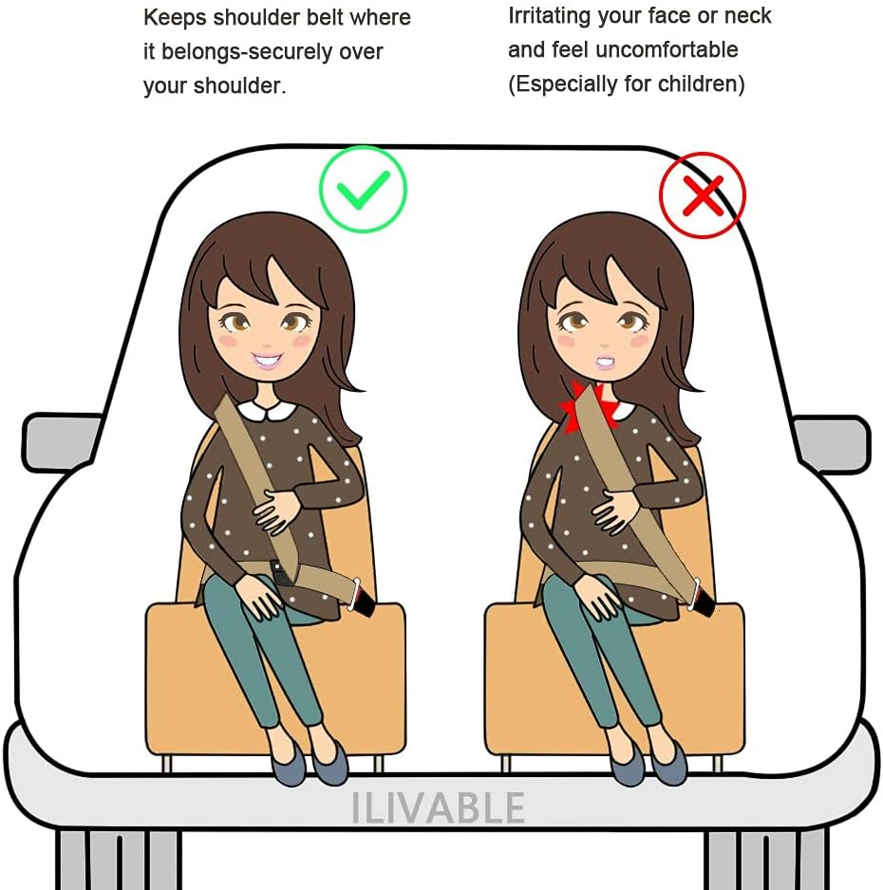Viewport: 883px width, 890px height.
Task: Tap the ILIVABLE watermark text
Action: [x=438, y=807]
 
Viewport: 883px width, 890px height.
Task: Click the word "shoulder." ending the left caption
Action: [x=239, y=85]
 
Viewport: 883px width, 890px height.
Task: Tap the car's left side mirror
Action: [x=60, y=442]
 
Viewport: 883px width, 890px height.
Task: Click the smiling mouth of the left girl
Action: [x=267, y=360]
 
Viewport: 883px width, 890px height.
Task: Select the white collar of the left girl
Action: [x=259, y=411]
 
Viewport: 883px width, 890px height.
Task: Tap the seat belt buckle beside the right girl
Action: [x=703, y=599]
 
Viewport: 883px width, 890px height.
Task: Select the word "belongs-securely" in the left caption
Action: [x=247, y=51]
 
